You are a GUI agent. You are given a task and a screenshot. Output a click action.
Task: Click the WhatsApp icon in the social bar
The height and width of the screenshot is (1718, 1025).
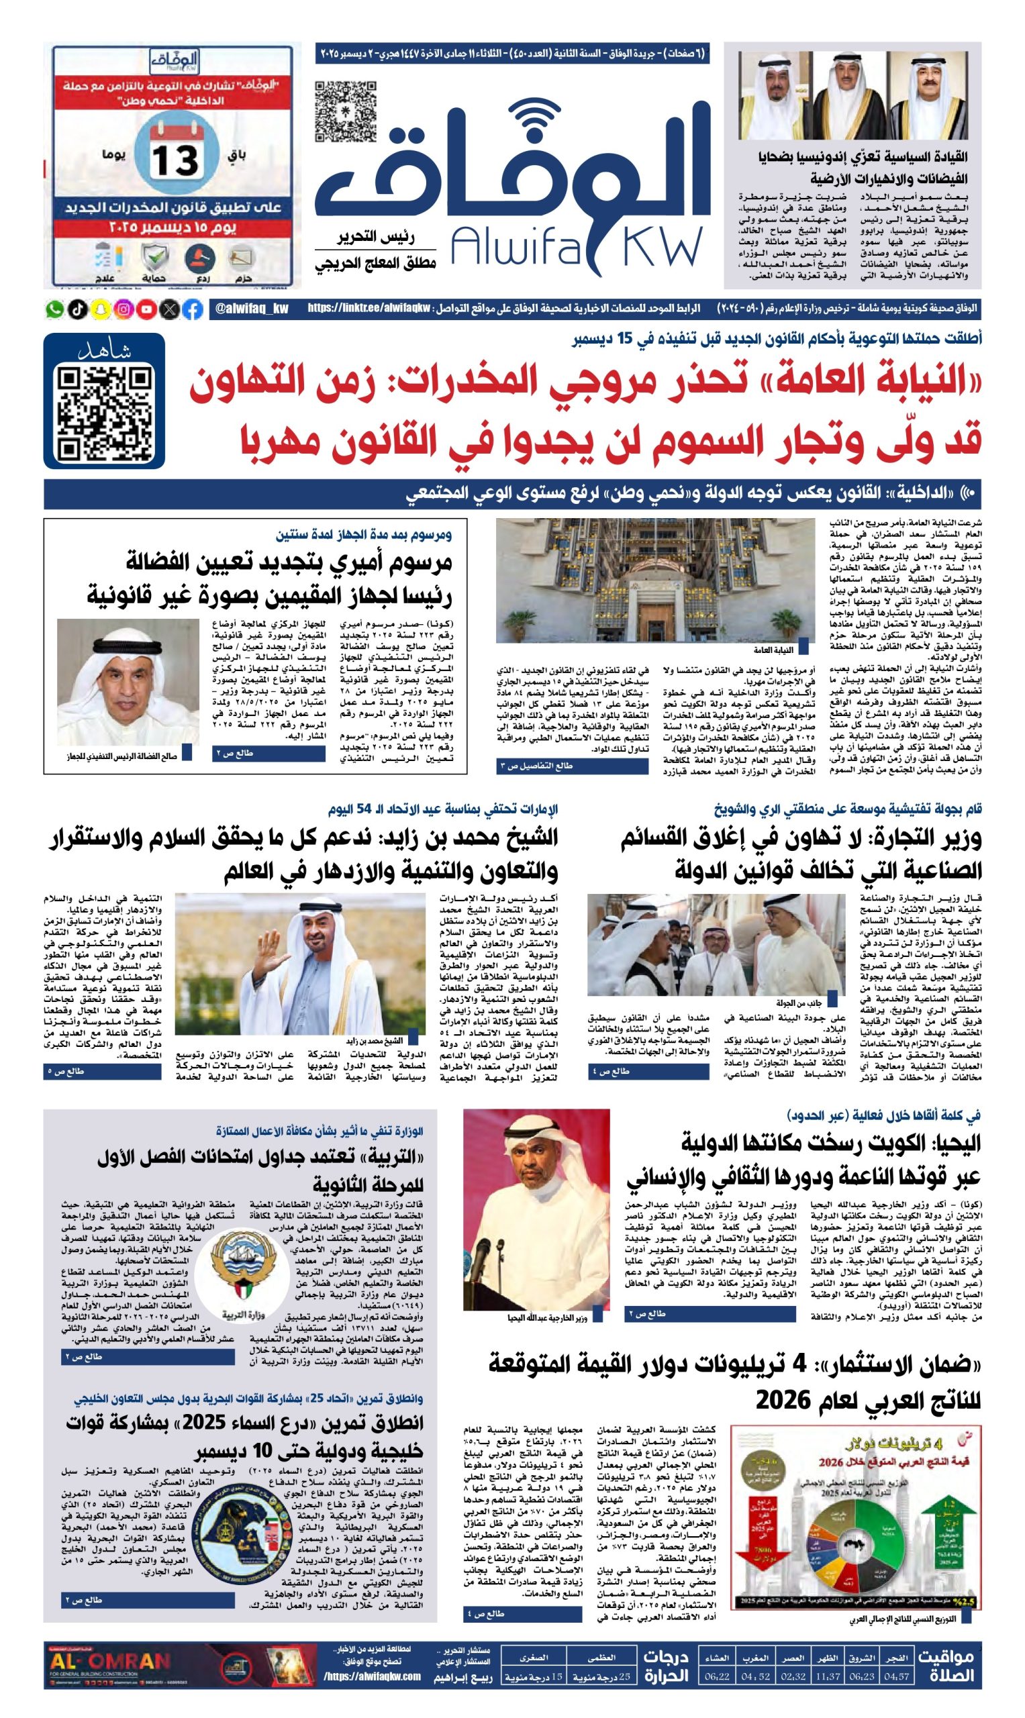tap(54, 309)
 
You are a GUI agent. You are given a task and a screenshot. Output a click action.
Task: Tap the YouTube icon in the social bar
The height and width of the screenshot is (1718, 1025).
tap(146, 309)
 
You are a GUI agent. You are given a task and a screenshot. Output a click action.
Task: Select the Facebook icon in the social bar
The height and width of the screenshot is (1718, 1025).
tap(193, 309)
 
